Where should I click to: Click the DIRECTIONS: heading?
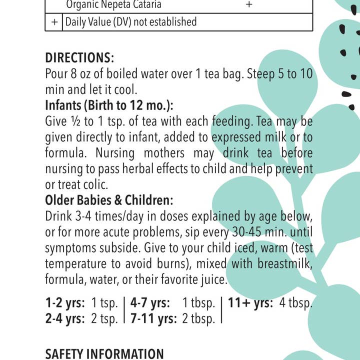click(79, 57)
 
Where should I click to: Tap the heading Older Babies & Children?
click(109, 200)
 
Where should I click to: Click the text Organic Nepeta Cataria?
click(114, 5)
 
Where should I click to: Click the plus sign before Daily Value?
click(54, 22)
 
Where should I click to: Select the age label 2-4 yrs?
click(65, 319)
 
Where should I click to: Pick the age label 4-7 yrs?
click(150, 303)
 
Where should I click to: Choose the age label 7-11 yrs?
click(153, 319)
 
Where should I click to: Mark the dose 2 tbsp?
click(198, 319)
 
